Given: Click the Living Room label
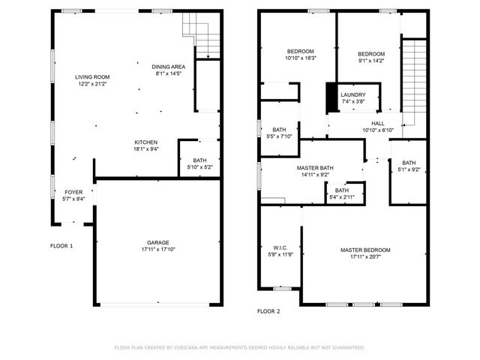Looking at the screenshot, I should pos(92,76).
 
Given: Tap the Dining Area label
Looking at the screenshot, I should pos(169,66).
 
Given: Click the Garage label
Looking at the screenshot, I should pos(157,242).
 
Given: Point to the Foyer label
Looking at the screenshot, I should pos(73,192).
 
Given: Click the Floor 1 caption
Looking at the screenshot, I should pos(61,246).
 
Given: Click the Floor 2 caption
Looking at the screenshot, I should pos(268,310).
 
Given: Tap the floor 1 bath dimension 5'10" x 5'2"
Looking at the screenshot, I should pos(199,167).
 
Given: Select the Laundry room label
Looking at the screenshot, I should pos(353,94).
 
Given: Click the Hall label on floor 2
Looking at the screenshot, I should pos(378,123).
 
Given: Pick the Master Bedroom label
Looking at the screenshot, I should pos(365,250).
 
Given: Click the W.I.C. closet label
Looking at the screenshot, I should pos(279,247).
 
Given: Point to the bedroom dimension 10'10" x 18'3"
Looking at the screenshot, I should pos(301,58).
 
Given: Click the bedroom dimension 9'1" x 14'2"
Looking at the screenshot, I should pos(371,61).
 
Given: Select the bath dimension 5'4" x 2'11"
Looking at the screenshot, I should pos(342,197).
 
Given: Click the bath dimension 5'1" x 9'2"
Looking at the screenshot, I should pos(409,170).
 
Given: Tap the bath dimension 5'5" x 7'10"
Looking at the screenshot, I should pos(279,136).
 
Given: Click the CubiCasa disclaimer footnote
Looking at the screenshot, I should pos(239,347).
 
